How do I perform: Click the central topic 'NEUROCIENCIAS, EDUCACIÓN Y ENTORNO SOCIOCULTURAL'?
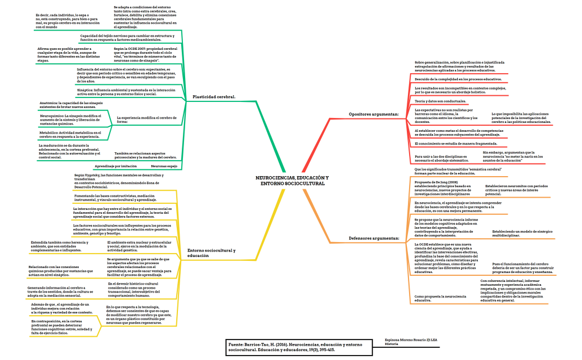[292, 181]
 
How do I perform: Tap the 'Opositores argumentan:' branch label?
[374, 114]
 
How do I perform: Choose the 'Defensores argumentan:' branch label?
[374, 238]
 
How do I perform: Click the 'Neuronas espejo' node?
[164, 166]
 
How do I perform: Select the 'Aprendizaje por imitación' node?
[116, 166]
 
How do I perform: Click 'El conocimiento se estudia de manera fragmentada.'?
[456, 144]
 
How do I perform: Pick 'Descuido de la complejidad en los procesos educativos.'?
[458, 79]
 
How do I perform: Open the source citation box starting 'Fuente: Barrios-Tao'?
[290, 347]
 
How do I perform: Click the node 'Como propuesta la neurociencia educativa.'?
[438, 298]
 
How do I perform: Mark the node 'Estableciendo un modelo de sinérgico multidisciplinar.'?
[522, 233]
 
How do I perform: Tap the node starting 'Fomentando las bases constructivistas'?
[115, 198]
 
